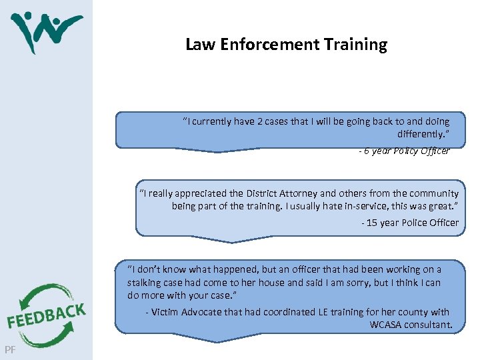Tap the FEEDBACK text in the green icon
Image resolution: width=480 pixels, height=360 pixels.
point(46,315)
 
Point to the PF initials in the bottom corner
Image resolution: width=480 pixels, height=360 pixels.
point(9,349)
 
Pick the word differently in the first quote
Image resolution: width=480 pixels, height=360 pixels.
point(422,134)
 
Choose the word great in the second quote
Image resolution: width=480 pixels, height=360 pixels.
point(445,206)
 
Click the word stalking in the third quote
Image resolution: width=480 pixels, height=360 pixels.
point(143,282)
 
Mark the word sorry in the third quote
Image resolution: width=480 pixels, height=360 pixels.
point(357,282)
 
